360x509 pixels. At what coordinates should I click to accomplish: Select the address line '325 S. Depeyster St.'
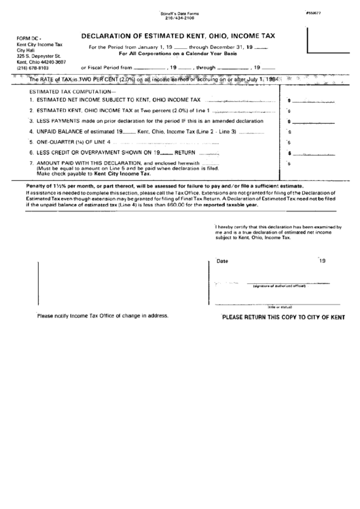[x=39, y=57]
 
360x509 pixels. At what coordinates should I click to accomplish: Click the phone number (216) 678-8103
[x=33, y=69]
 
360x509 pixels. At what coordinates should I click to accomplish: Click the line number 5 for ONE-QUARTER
[x=31, y=142]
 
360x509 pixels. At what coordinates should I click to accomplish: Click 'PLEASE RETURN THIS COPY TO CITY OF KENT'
[x=285, y=317]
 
